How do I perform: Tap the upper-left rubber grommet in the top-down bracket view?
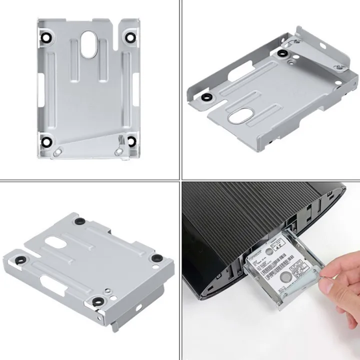click(46, 37)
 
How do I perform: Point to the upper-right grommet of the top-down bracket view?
click(131, 36)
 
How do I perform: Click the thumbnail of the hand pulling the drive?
click(270, 270)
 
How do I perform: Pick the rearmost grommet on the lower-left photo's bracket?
click(79, 220)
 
